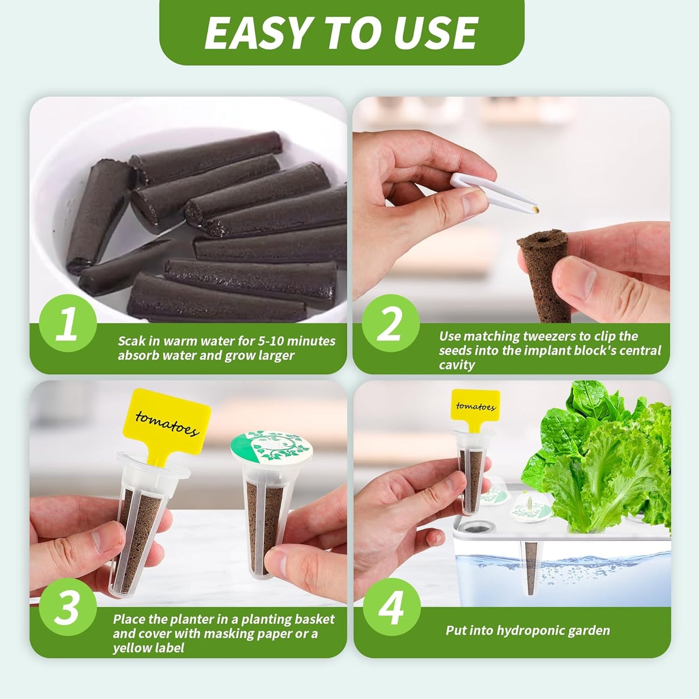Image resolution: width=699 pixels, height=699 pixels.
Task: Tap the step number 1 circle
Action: (67, 323)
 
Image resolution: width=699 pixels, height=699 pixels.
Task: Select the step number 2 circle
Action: (390, 323)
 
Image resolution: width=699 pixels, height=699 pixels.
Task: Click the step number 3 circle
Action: (67, 607)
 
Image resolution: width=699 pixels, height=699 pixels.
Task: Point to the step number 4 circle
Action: (391, 607)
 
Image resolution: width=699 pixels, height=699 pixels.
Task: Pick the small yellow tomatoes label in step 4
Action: (476, 407)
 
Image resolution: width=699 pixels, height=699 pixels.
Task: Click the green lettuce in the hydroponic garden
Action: (605, 464)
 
